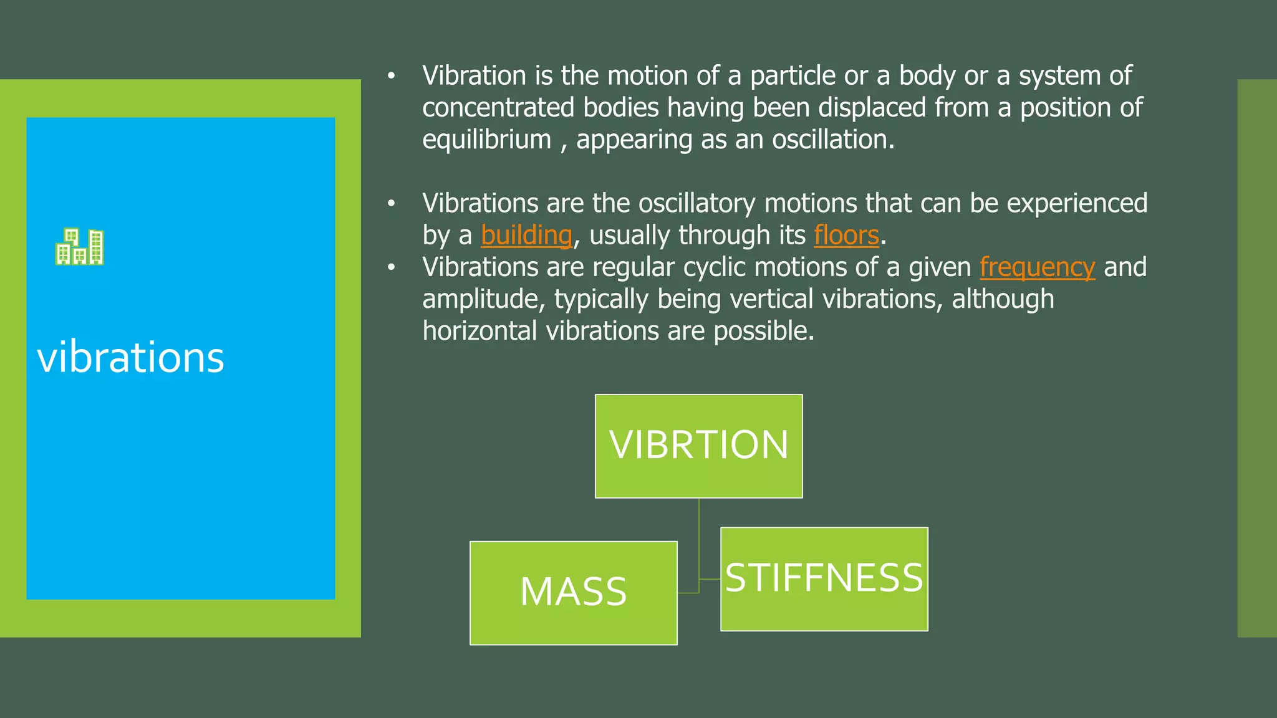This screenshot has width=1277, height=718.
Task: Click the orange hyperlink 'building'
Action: tap(526, 236)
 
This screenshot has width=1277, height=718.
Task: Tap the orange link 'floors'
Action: tap(846, 236)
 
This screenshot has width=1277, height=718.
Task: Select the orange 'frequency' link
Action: tap(1037, 267)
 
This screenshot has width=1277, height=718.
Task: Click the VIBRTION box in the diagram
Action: tap(698, 446)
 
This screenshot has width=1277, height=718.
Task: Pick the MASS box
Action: tap(573, 592)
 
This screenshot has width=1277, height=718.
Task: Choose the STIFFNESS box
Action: tap(824, 578)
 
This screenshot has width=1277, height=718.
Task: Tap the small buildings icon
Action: tap(80, 247)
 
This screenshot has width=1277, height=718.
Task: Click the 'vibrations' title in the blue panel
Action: tap(130, 358)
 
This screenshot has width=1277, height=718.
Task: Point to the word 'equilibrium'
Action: tap(486, 140)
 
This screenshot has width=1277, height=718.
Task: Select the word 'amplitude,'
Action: tap(484, 299)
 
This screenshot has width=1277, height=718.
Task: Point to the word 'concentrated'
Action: tap(498, 108)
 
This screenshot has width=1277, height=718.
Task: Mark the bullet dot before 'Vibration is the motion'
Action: tap(391, 76)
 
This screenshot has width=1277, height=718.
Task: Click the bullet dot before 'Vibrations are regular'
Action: tap(391, 267)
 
